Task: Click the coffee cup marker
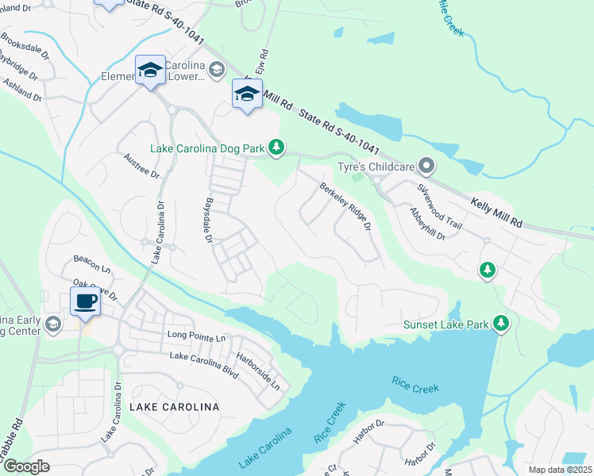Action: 86,301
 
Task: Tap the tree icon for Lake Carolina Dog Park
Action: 276,147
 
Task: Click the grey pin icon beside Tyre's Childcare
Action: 427,166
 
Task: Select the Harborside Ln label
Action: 264,370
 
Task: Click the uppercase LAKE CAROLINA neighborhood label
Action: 174,407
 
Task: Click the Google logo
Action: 25,466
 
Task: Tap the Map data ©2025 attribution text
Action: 560,470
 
